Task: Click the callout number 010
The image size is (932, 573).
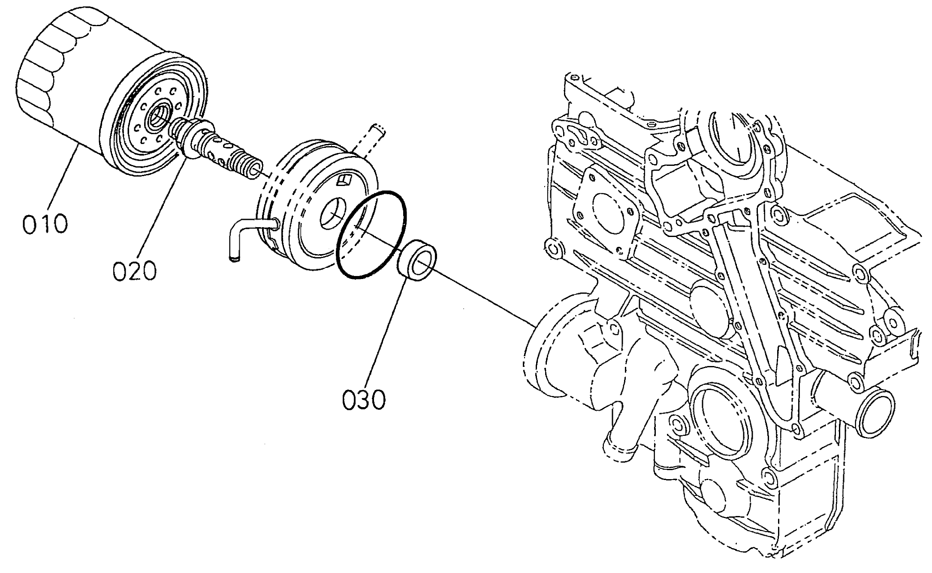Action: tap(45, 224)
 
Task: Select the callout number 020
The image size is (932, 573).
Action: tap(135, 271)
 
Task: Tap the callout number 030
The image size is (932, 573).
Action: tap(364, 399)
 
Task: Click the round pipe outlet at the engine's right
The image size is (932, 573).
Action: tap(875, 414)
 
